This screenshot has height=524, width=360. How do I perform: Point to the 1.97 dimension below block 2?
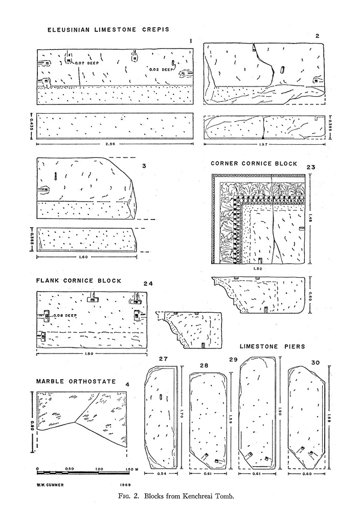click(x=263, y=145)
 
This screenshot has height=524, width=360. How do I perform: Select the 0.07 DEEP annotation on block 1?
click(x=86, y=63)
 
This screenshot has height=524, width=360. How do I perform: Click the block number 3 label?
click(x=145, y=166)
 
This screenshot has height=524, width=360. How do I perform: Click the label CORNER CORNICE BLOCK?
click(x=254, y=164)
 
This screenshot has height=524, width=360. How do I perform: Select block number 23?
click(x=310, y=167)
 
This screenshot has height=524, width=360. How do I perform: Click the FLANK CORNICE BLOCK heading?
click(x=79, y=280)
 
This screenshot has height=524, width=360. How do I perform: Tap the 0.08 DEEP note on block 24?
click(x=65, y=316)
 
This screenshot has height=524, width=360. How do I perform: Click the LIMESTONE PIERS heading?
click(x=272, y=346)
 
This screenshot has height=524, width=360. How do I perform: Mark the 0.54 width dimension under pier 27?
click(x=162, y=473)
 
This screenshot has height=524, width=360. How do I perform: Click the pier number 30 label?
click(x=315, y=362)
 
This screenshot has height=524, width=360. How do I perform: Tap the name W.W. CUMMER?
click(x=51, y=483)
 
